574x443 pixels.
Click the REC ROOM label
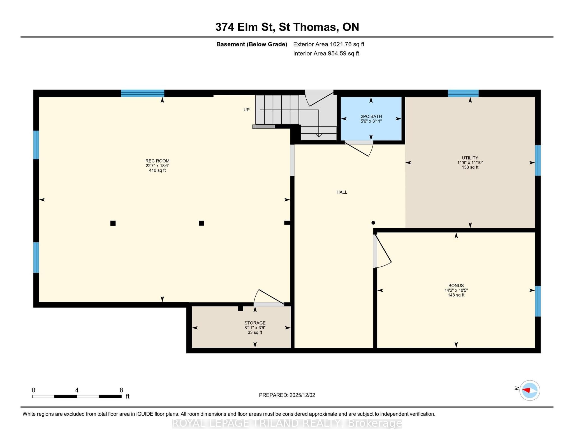[x=157, y=161]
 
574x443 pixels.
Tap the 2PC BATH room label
[x=371, y=116]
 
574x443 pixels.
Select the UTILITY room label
[x=470, y=158]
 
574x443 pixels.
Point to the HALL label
[x=342, y=192]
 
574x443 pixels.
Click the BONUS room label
[x=456, y=286]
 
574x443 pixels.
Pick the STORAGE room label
[x=255, y=323]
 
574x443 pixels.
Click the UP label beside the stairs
[x=246, y=110]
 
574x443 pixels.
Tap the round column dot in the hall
[x=373, y=223]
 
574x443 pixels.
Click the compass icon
[x=529, y=390]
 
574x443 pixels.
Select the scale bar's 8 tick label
[x=121, y=390]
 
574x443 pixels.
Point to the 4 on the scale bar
[x=77, y=390]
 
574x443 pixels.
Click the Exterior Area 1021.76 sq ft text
[x=328, y=44]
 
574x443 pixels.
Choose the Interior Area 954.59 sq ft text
[x=326, y=53]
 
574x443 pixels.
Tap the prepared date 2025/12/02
[x=302, y=395]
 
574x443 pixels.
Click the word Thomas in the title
[x=314, y=27]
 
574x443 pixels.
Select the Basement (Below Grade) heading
[x=252, y=44]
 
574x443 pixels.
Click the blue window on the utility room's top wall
[x=463, y=93]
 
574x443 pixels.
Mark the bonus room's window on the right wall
[x=538, y=301]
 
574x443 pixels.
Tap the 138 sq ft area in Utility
[x=470, y=167]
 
